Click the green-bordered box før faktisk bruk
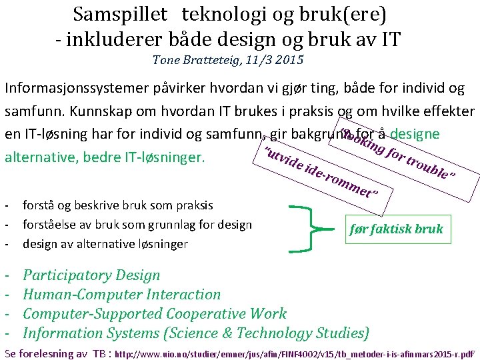tap(396, 229)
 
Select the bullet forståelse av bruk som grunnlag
tap(137, 225)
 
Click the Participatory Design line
tap(91, 275)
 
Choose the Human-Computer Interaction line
tap(121, 294)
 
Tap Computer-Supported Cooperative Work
tap(155, 313)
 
